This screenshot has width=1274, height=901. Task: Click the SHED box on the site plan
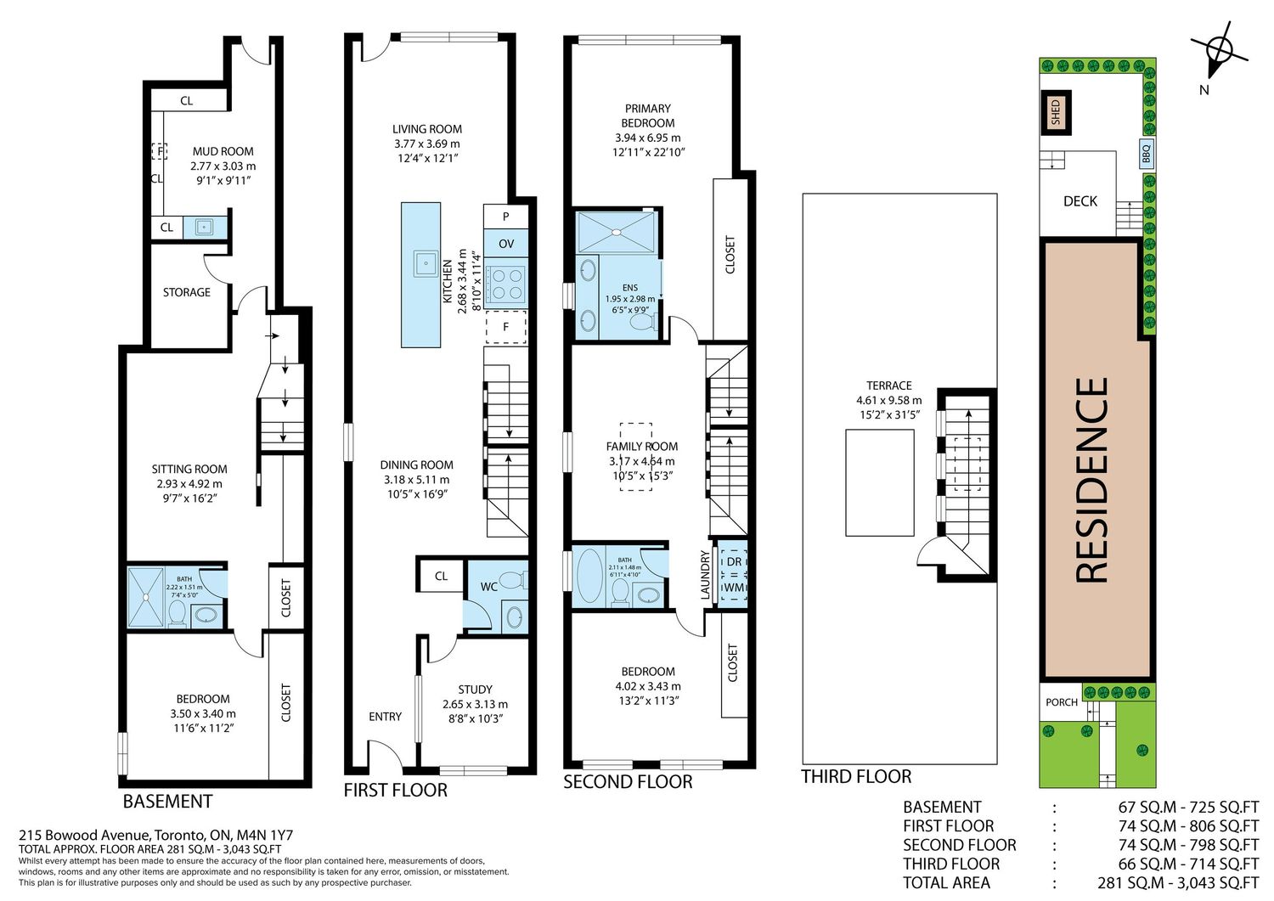click(x=1057, y=113)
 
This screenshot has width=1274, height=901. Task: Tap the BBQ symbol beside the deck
click(x=1146, y=154)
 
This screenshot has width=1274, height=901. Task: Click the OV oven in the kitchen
click(x=505, y=244)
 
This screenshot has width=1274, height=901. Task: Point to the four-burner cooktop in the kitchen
click(x=505, y=284)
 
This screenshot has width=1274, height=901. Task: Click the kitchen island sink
click(x=426, y=262)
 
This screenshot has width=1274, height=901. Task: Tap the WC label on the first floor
click(x=489, y=587)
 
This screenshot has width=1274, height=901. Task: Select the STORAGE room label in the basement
click(x=187, y=292)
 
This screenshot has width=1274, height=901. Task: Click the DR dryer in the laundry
click(x=735, y=561)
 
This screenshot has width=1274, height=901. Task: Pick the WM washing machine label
click(x=735, y=588)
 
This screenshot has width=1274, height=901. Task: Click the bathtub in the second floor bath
click(x=589, y=576)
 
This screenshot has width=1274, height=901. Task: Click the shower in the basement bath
click(x=145, y=597)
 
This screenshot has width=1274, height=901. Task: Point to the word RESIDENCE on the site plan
click(x=1092, y=480)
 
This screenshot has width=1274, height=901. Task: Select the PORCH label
click(x=1062, y=702)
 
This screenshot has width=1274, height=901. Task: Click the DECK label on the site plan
click(x=1080, y=201)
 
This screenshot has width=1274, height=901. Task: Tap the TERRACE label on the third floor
click(x=889, y=386)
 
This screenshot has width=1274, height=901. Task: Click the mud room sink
click(x=204, y=227)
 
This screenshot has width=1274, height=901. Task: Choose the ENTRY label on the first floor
click(x=385, y=717)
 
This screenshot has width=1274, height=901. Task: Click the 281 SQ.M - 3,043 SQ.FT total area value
click(x=1178, y=883)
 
